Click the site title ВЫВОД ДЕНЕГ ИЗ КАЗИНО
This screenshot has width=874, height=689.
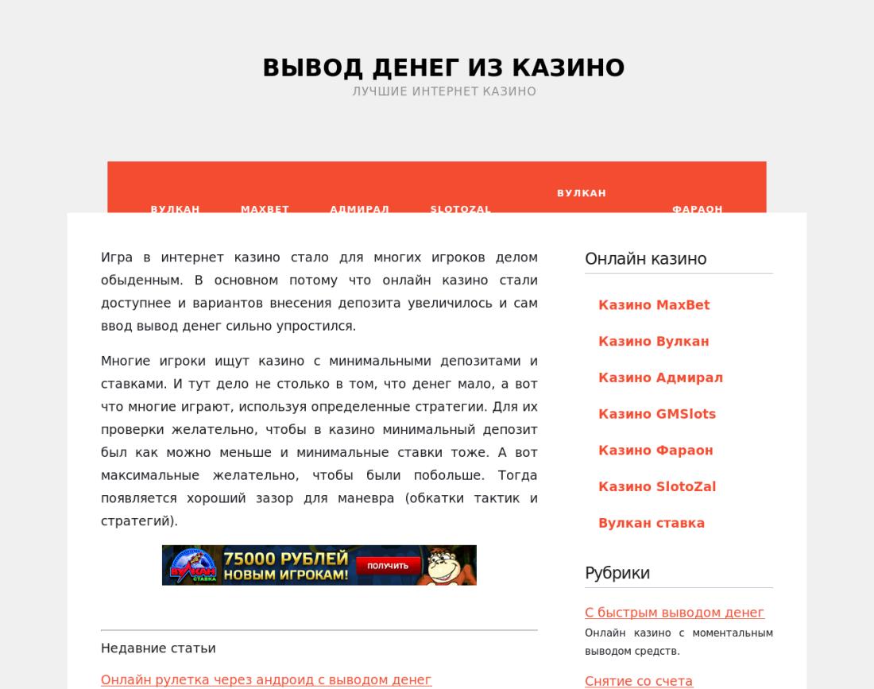click(443, 68)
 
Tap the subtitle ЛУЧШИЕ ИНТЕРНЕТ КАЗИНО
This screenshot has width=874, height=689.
click(444, 91)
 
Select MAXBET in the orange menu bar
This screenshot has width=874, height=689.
click(265, 208)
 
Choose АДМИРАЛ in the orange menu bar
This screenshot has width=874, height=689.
click(359, 208)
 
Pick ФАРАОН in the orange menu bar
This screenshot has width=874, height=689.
click(697, 208)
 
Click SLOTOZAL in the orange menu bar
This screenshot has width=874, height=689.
click(460, 208)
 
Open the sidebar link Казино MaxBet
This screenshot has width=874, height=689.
click(654, 305)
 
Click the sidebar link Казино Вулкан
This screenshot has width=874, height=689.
click(653, 342)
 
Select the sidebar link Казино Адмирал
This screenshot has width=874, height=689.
click(660, 378)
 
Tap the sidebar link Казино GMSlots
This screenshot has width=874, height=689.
click(657, 414)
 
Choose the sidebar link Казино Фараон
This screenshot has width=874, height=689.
click(655, 451)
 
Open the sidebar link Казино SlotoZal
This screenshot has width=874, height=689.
click(657, 487)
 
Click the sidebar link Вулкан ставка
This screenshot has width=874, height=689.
click(652, 524)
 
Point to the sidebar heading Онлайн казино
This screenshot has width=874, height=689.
click(645, 259)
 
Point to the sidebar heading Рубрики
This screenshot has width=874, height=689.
click(617, 573)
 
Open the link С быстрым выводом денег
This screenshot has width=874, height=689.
click(675, 613)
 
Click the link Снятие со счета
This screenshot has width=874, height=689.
click(639, 681)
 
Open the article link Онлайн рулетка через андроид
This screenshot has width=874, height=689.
click(266, 680)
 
